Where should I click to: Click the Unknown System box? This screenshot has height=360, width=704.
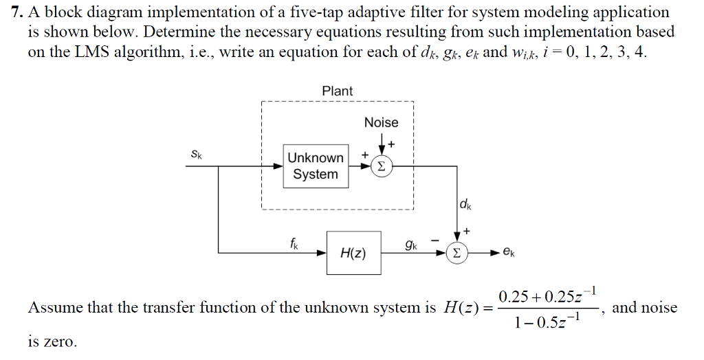coord(316,166)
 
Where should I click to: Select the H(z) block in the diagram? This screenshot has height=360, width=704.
coord(353,253)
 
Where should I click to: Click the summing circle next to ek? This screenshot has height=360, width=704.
coord(456,253)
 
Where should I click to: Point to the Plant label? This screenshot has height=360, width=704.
coord(337,91)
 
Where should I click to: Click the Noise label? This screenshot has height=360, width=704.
coord(381,122)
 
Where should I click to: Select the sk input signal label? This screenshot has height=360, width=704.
coord(196,155)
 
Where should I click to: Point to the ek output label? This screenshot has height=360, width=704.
coord(508,253)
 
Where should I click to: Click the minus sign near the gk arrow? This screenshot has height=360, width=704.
coord(435,240)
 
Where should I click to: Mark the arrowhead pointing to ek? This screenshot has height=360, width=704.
coord(494,253)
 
